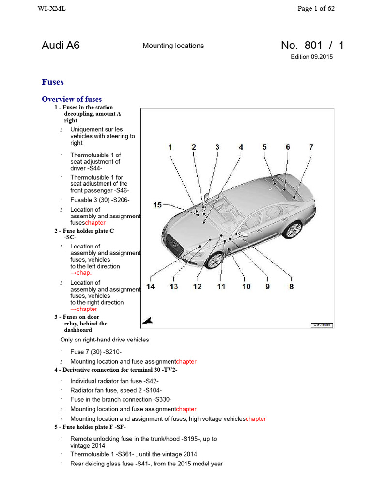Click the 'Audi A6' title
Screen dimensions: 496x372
[x=61, y=46]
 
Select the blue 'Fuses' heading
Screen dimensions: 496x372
[x=53, y=82]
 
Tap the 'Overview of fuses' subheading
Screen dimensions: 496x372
[x=72, y=99]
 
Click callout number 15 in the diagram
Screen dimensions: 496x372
[x=157, y=205]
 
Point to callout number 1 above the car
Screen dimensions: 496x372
[x=170, y=147]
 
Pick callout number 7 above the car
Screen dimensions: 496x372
[x=311, y=147]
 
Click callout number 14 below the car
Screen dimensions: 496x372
[x=151, y=287]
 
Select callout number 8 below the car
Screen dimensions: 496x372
[x=291, y=287]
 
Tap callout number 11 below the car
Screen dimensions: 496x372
[x=221, y=287]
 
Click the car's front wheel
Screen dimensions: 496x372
[x=215, y=260]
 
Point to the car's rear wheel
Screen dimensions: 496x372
[x=293, y=230]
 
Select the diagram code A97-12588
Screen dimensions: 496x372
[x=322, y=325]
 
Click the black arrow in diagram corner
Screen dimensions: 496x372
[x=148, y=321]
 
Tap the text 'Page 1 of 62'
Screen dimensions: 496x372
[x=316, y=8]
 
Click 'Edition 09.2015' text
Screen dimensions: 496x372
[x=311, y=57]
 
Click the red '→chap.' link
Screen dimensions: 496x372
[x=81, y=273]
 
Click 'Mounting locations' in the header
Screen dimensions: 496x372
[x=173, y=46]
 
